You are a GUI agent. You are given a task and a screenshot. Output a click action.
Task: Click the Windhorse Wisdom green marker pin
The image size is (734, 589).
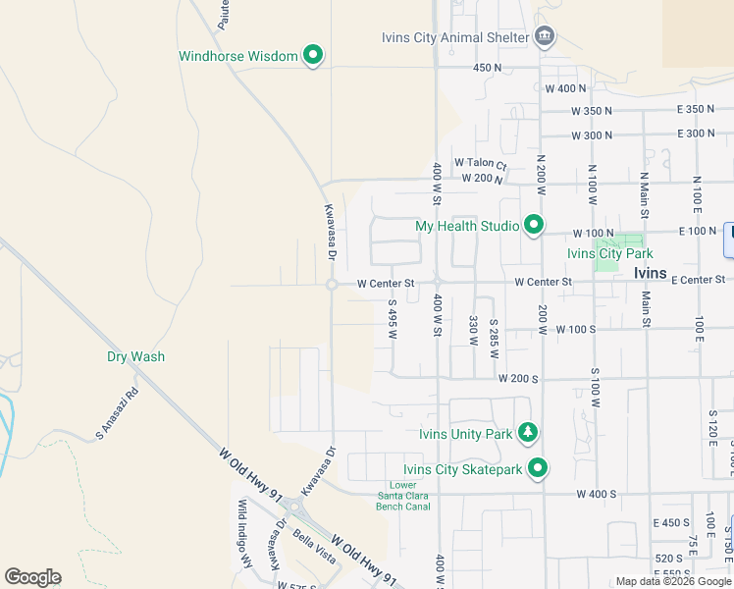pos(313,56)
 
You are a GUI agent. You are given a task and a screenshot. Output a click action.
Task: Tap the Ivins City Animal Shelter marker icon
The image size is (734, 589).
pos(545,37)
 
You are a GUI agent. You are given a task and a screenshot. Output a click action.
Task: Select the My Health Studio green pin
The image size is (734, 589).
pos(534,226)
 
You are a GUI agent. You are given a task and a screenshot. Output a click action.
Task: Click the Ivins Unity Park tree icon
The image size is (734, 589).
pos(528,433)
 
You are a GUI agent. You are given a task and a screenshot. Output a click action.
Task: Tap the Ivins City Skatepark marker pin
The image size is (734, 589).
pos(537,469)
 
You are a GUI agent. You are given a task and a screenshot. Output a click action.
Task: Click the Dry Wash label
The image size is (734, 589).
pos(135,357)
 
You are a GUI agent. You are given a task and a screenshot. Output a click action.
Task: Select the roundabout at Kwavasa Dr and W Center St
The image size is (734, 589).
pos(332,284)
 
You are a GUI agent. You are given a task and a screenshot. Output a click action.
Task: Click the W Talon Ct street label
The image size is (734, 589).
pos(480,164)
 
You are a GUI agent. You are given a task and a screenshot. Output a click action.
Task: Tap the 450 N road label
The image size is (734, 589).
pos(487,68)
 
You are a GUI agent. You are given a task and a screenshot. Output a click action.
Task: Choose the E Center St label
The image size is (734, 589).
pos(699,281)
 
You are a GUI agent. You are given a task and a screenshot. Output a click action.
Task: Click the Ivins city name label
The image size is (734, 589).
pos(650,273)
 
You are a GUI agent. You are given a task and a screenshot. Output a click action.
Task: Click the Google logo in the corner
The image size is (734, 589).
pos(32,576)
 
